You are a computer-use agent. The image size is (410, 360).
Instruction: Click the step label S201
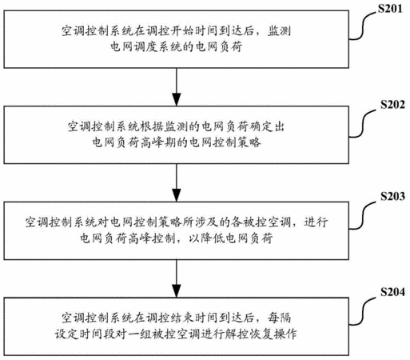point(390,9)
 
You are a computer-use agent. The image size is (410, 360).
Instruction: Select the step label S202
point(392,104)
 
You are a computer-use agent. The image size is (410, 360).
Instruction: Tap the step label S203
point(392,196)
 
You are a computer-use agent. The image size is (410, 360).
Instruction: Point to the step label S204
point(392,292)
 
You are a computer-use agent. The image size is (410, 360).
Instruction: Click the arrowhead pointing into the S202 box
point(177,99)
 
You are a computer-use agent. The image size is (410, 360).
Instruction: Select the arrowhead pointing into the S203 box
point(177,195)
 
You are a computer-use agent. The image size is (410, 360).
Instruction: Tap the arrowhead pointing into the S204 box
point(177,290)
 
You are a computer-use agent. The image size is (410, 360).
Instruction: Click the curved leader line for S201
point(362,26)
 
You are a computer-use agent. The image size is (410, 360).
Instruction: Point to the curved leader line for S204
point(362,311)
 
